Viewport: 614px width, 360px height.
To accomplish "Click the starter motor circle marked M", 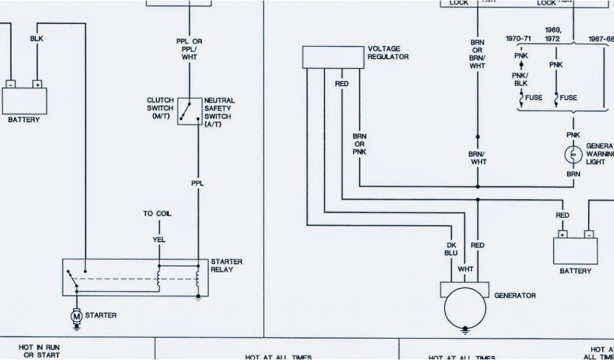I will click(76, 315).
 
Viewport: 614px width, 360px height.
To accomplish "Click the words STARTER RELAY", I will click(226, 265).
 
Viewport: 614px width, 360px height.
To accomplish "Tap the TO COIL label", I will click(156, 214).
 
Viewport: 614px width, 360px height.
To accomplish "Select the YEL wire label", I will click(159, 240).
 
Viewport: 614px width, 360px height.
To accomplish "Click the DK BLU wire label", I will click(451, 249).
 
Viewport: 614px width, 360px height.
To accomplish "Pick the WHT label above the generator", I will click(465, 269).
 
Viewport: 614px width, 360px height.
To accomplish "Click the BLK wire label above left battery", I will click(37, 38).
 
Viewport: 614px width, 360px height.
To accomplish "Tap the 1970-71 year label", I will click(518, 38).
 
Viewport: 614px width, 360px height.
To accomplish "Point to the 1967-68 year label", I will click(601, 38).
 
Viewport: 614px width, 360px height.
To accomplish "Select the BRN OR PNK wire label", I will click(360, 144).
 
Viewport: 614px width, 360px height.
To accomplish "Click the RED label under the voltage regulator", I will click(342, 84).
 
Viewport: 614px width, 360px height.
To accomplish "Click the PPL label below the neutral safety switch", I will click(197, 184).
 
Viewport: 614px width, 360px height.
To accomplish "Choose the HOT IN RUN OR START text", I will click(40, 352).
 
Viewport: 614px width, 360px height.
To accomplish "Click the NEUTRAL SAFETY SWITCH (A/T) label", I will click(219, 112).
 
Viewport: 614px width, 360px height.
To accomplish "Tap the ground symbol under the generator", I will click(465, 329).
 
